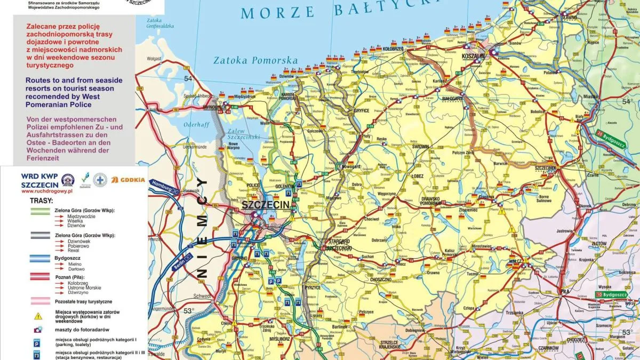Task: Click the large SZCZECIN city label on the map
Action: click(265, 205)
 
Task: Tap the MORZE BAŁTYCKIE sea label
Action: click(325, 11)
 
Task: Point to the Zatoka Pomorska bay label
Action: click(255, 60)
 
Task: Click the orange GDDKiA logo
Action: click(129, 180)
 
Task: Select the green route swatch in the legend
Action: click(33, 211)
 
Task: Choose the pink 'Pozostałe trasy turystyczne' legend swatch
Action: click(33, 301)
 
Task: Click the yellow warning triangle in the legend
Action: click(38, 316)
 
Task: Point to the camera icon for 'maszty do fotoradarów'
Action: click(38, 330)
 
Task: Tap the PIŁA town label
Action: click(565, 292)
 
